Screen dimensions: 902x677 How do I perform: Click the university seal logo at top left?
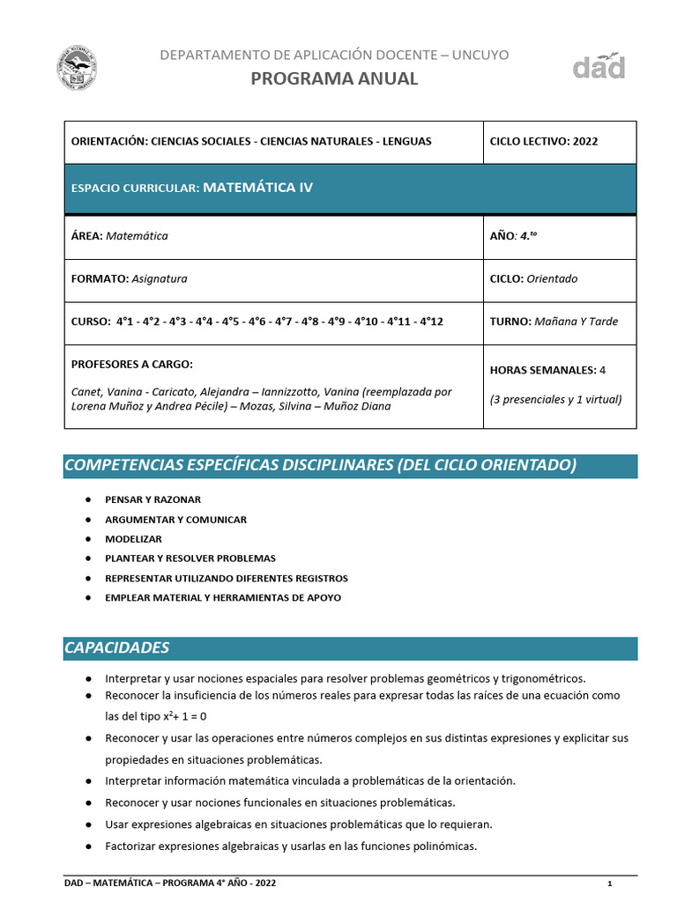[x=77, y=68]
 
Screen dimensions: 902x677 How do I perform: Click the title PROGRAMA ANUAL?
[x=334, y=78]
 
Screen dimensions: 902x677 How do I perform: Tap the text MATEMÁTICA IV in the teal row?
[x=257, y=188]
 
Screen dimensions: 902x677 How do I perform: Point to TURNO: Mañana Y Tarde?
[x=554, y=322]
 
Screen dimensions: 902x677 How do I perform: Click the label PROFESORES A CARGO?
[x=131, y=364]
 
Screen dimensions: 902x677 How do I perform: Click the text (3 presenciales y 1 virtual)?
[x=555, y=399]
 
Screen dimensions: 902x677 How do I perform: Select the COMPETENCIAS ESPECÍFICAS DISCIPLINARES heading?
[x=321, y=465]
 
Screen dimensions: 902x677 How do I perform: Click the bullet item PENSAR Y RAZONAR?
[x=153, y=499]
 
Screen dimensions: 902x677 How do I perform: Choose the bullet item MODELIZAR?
[x=133, y=539]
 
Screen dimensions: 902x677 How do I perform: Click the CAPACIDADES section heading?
[x=116, y=647]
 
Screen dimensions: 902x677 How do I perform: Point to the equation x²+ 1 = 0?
[x=185, y=716]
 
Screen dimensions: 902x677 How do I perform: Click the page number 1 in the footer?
[x=609, y=884]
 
